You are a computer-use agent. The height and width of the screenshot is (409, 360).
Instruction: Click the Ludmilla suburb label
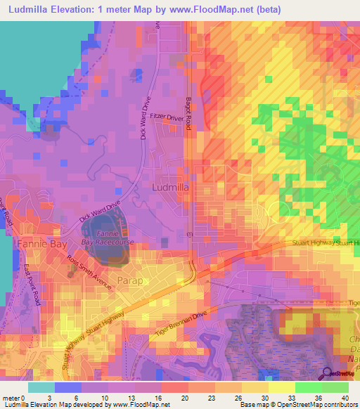tap(169, 188)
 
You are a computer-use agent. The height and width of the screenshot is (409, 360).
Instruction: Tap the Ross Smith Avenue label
tap(89, 273)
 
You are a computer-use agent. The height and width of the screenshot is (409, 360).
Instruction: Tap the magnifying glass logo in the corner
tap(327, 373)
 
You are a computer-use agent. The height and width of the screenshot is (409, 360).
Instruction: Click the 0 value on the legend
tap(29, 397)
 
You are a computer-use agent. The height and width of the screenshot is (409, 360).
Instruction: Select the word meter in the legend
tap(12, 397)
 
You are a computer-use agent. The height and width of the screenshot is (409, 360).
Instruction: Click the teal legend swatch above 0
tap(41, 387)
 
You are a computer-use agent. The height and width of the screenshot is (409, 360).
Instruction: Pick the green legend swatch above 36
tap(309, 387)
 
